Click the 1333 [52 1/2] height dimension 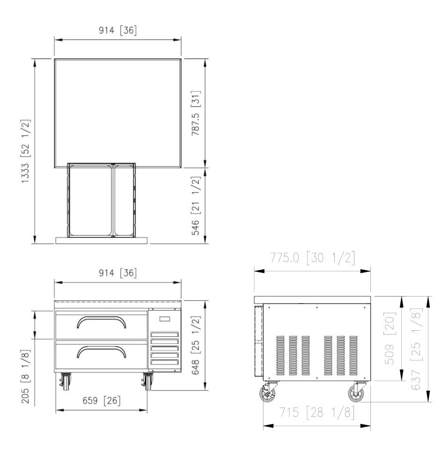[x=25, y=151]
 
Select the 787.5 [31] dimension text [x=196, y=113]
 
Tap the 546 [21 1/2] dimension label [x=196, y=206]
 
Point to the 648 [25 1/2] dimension [x=196, y=345]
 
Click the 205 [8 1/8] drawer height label [x=25, y=377]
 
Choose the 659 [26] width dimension [x=102, y=401]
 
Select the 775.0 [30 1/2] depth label [x=313, y=258]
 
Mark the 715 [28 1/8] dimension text [x=317, y=413]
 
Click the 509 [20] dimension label [x=390, y=338]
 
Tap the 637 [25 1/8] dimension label [x=417, y=349]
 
